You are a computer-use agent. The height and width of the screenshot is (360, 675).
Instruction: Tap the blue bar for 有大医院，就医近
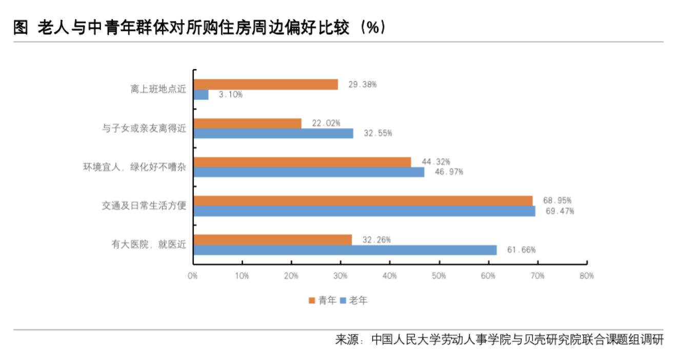(x=345, y=250)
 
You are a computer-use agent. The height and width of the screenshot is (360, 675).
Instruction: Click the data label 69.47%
(x=559, y=211)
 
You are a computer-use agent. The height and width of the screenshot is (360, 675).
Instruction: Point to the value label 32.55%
(x=377, y=133)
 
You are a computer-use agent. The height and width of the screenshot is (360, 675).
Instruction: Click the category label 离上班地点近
(x=158, y=90)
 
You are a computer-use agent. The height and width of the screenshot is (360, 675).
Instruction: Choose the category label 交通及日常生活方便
(x=143, y=206)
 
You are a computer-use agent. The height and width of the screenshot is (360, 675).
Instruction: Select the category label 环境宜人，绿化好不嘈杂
(x=134, y=167)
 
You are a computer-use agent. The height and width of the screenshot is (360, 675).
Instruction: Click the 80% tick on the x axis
(x=586, y=276)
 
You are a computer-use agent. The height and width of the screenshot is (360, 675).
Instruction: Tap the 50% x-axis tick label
(x=439, y=276)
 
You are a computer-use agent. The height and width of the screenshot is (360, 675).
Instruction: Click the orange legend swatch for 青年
(x=311, y=301)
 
